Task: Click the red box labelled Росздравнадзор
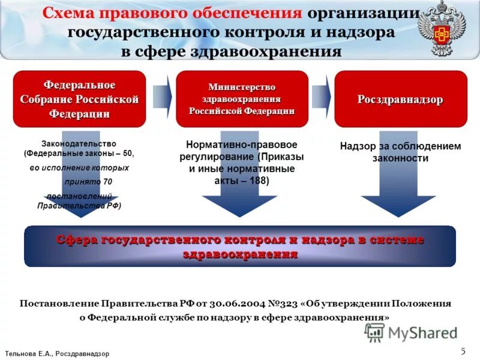point(400,99)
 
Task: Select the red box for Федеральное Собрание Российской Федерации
point(79,99)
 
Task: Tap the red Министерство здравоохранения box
point(242,99)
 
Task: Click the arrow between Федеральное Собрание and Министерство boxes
point(162,96)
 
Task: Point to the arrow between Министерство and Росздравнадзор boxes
point(321,96)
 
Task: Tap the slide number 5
point(463,351)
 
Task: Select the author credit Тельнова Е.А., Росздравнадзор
point(57,354)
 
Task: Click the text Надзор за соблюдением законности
point(400,152)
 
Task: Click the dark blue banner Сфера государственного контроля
point(240,246)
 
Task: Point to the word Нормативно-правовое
point(242,145)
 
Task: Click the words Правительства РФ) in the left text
point(79,205)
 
